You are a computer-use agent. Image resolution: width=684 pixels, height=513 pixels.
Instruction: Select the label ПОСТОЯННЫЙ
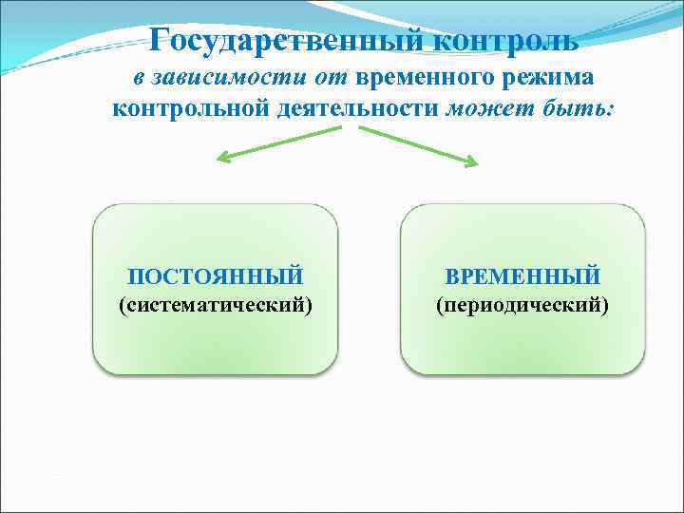216,276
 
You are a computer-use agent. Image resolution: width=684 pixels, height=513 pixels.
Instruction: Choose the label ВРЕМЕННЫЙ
522,276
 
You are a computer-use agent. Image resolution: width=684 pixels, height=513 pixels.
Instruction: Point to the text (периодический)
522,306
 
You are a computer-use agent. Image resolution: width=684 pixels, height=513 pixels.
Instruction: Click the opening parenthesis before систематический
121,306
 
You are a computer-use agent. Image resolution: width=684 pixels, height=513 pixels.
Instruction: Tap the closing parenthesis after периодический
606,306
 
